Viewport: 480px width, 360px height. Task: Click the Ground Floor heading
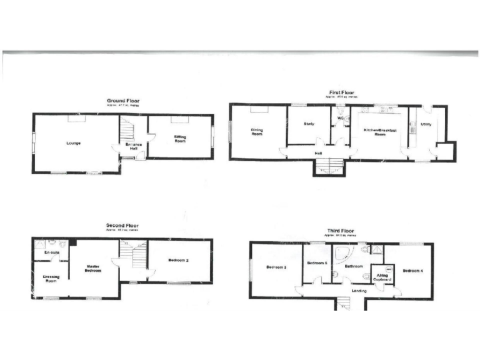[123, 101]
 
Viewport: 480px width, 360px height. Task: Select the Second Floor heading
[123, 226]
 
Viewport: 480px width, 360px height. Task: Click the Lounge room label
[74, 143]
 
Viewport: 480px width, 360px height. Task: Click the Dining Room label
[257, 132]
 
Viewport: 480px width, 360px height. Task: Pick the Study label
[309, 124]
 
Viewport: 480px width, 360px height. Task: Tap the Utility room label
[426, 124]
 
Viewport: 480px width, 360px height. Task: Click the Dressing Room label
[51, 279]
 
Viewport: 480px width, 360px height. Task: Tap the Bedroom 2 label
[179, 261]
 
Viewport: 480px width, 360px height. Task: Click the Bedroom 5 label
[317, 263]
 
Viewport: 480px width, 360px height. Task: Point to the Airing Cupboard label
[383, 276]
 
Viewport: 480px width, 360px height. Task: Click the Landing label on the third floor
[359, 291]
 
